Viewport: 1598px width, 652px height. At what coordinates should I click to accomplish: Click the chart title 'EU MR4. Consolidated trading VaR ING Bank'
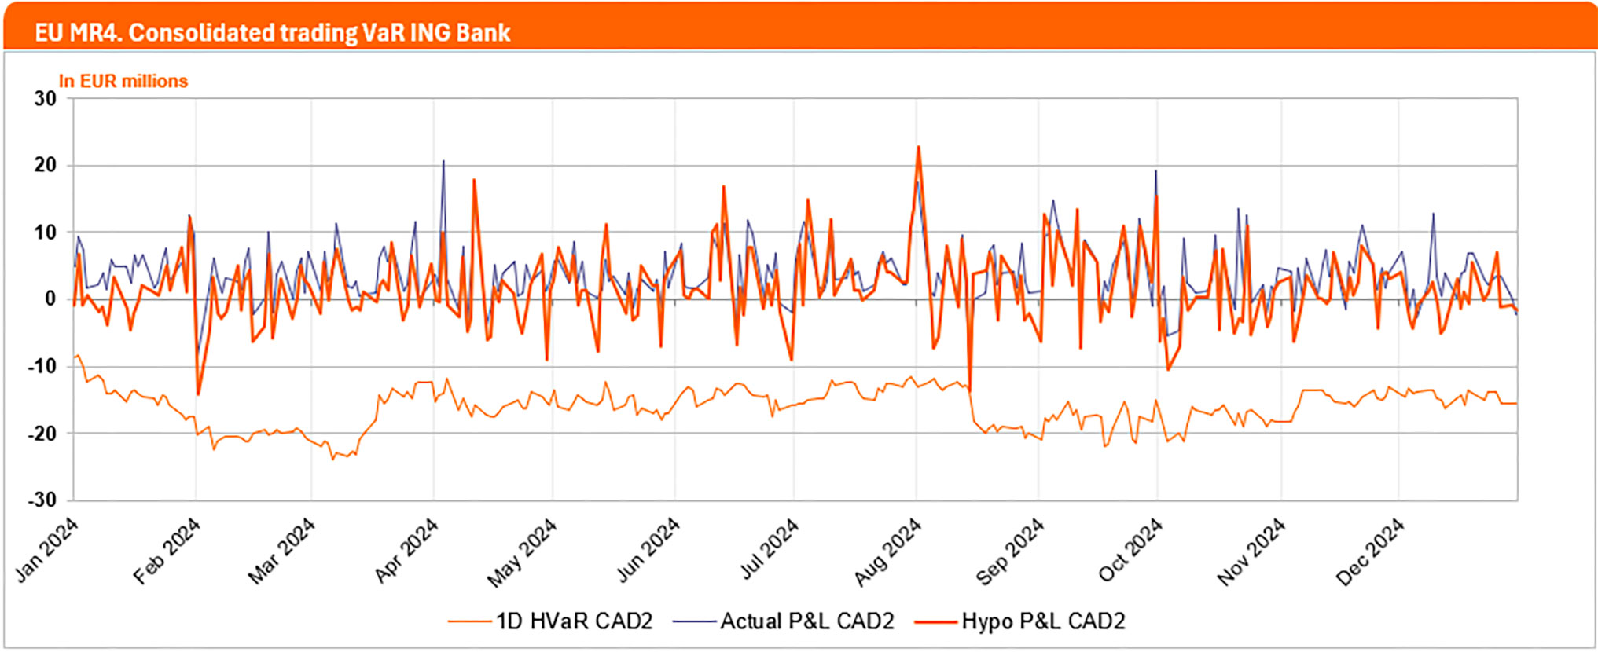272,33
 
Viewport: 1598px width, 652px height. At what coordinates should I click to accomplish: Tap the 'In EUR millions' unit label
123,81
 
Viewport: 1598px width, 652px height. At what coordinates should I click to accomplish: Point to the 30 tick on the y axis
46,99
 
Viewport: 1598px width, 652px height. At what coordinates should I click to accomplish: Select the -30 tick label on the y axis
42,500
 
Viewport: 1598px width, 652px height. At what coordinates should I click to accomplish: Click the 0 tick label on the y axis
50,299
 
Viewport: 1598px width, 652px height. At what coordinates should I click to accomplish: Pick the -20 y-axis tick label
42,433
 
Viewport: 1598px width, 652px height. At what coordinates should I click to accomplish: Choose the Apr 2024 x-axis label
406,551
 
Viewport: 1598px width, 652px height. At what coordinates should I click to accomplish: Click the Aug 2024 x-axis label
888,552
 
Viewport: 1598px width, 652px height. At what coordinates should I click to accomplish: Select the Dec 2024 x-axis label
1370,551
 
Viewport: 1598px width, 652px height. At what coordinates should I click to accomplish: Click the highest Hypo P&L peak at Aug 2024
918,147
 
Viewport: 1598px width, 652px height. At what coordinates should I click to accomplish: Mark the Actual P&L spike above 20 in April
443,161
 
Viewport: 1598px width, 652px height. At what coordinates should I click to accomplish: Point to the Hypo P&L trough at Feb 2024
198,394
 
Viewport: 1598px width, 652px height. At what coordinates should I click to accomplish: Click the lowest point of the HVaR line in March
333,459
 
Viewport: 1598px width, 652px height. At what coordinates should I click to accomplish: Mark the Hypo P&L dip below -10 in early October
1168,369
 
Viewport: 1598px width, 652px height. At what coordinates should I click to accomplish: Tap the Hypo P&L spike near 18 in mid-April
474,180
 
